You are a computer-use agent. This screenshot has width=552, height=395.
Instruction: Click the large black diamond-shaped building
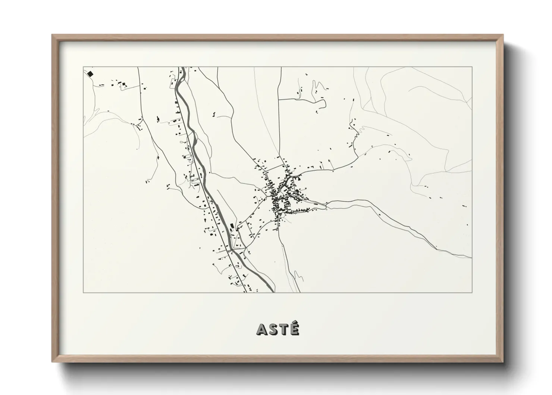coord(90,74)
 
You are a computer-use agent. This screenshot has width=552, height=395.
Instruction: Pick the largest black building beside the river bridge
coord(232,226)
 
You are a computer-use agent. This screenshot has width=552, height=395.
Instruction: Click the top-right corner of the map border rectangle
coord(472,67)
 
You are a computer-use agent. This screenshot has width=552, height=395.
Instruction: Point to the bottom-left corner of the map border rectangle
coord(83,293)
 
